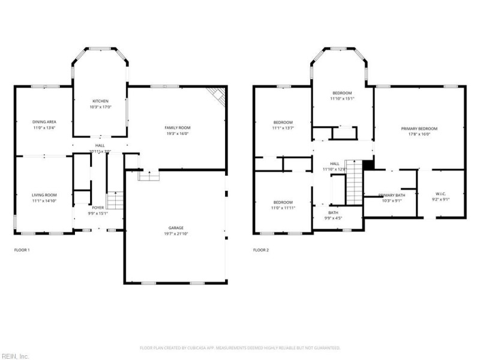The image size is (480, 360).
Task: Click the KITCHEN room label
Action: point(99,100)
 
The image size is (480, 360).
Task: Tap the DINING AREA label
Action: point(44,121)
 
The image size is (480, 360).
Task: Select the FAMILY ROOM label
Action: point(177,127)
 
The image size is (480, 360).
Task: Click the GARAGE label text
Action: point(176,227)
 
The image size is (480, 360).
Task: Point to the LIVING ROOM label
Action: point(44,195)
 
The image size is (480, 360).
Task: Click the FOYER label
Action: point(98,208)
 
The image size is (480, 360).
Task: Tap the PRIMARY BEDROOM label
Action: point(419,128)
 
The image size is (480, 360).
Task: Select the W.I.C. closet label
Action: point(441,194)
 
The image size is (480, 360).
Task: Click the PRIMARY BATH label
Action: point(391,195)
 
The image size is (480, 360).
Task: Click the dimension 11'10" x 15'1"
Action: point(343,99)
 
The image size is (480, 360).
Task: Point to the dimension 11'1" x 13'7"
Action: point(283,128)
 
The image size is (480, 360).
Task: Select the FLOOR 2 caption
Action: point(261,250)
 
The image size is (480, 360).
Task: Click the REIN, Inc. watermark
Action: point(14,356)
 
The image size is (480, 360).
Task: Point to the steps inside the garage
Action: point(148,175)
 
